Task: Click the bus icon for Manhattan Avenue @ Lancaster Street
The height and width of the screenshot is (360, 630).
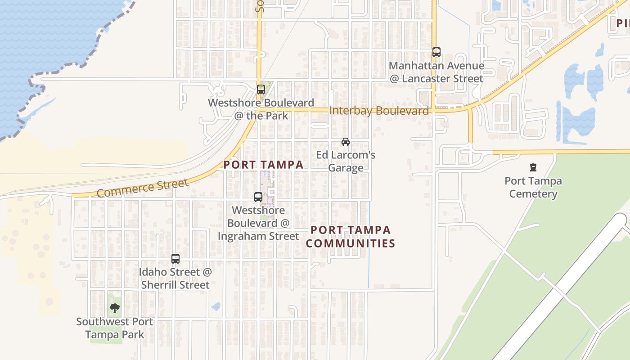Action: point(436,52)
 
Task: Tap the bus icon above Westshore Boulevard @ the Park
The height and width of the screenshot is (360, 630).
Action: point(261,90)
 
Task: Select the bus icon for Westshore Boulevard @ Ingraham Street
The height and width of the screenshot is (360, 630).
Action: point(258,197)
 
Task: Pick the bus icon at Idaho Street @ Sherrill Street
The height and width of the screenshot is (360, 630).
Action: point(175,259)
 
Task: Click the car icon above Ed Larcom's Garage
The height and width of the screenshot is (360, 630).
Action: point(346,142)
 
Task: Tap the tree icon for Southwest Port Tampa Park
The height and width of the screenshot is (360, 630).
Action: point(115,308)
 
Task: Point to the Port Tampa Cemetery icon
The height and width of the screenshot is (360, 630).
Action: point(533,168)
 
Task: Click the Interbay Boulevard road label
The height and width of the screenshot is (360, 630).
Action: point(379,111)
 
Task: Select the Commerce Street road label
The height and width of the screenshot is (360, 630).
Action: point(142,188)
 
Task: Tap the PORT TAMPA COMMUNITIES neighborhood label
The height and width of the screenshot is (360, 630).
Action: point(353,237)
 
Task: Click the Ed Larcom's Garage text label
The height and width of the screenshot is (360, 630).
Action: point(346,162)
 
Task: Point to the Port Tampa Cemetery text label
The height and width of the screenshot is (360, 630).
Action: point(533,188)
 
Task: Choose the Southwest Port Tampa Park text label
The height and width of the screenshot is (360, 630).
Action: point(115,328)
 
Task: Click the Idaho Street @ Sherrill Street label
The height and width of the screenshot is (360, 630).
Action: point(175,279)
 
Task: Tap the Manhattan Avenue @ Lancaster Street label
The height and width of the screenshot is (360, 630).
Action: point(436,72)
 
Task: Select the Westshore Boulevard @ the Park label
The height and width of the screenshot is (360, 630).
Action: point(261,109)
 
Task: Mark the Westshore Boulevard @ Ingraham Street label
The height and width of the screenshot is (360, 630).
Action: point(258,223)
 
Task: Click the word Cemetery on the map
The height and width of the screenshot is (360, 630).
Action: point(533,194)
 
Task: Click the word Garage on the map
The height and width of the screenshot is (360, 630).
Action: point(346,168)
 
